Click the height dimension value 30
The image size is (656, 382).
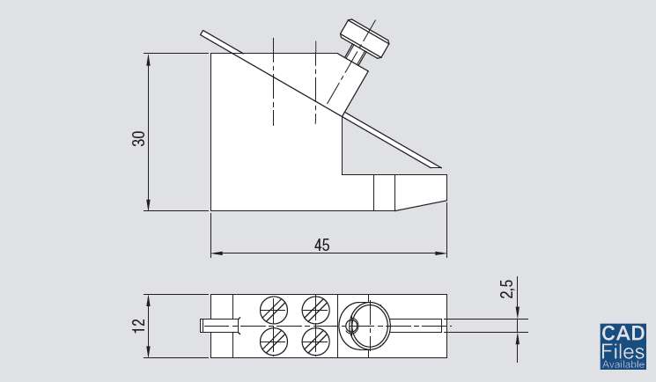(138, 138)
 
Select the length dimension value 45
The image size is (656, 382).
(321, 246)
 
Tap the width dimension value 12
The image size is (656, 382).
(138, 326)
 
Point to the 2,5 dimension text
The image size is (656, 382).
(505, 290)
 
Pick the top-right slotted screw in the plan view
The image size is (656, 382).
(314, 310)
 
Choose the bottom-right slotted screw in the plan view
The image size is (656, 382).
(314, 340)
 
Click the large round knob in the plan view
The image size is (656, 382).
(363, 325)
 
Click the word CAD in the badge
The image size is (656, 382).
(623, 333)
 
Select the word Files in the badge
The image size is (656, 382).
(623, 350)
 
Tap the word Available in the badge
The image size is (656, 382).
(623, 364)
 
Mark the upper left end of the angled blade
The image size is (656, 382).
(204, 33)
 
